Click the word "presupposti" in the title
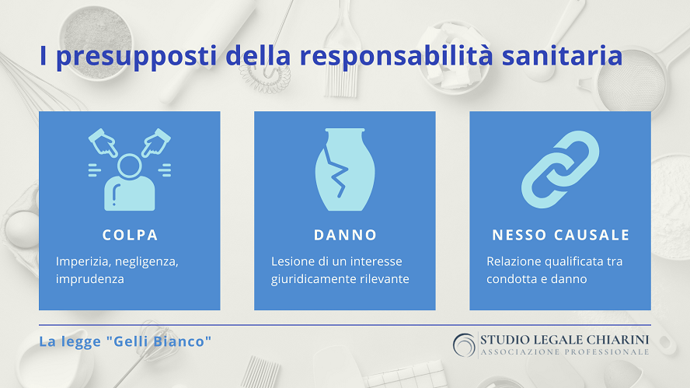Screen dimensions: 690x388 (137, 57)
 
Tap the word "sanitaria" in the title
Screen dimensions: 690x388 (562, 55)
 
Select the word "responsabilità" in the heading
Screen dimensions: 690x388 (396, 55)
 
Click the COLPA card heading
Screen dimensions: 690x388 (130, 235)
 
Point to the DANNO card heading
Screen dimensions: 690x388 (345, 235)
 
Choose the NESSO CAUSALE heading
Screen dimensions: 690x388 (560, 235)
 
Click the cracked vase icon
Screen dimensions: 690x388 (345, 170)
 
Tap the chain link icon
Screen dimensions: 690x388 (560, 170)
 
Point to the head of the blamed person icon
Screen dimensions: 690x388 (129, 166)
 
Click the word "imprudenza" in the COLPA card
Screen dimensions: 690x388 (90, 279)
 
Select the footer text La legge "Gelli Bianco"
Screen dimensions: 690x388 (125, 341)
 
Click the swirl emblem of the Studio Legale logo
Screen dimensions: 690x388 (464, 344)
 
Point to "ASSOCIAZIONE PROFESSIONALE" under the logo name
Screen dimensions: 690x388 (565, 352)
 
